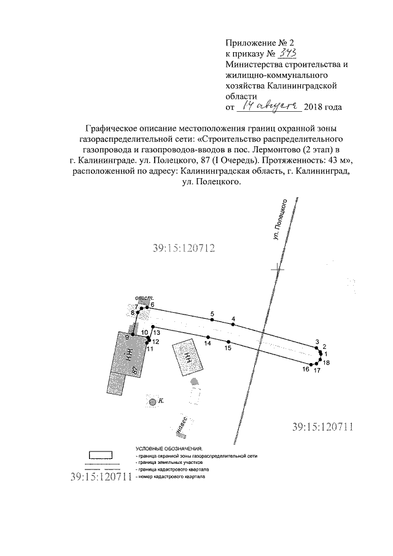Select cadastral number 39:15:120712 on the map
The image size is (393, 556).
[x=183, y=248]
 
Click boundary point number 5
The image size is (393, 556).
[x=212, y=320]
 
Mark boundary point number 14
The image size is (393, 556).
[x=208, y=337]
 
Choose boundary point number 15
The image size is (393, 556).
[x=228, y=342]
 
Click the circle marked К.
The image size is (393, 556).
[x=151, y=401]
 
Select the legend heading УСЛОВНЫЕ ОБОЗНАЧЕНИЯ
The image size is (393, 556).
[x=168, y=449]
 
